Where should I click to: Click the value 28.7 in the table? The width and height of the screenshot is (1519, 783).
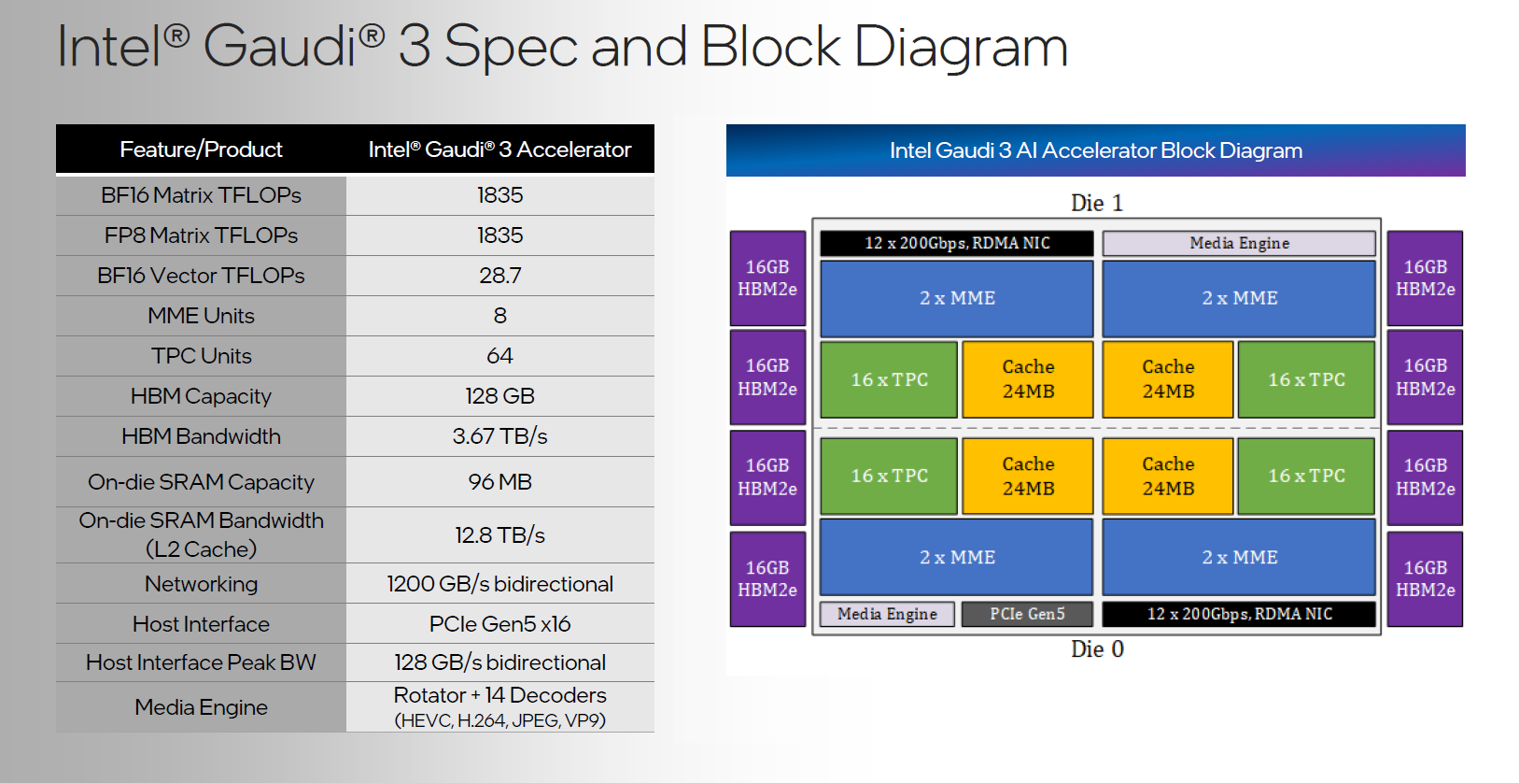tap(499, 276)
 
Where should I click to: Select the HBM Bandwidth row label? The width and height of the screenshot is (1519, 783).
tap(201, 436)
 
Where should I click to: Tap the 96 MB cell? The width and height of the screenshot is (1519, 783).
tap(499, 482)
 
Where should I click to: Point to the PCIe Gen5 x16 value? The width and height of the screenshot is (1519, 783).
tap(499, 624)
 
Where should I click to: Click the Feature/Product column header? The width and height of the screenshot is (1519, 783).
tap(201, 149)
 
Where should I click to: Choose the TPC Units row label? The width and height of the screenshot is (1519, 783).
tap(201, 356)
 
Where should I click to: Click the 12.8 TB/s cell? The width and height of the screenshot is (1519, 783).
tap(499, 535)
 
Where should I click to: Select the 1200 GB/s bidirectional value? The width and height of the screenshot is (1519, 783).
tap(499, 584)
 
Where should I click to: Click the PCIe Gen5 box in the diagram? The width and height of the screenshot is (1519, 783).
tap(1027, 614)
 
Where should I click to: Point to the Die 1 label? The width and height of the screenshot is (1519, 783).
tap(1097, 203)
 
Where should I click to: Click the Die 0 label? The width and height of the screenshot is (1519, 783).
tap(1097, 649)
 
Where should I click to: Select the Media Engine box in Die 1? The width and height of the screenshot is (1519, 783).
tap(1239, 243)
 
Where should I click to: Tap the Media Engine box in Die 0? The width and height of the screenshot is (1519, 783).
tap(887, 614)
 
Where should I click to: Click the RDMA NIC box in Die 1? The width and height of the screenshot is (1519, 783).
tap(957, 243)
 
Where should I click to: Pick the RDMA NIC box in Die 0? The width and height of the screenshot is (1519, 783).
tap(1239, 614)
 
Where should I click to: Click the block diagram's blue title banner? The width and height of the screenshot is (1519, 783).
tap(1095, 150)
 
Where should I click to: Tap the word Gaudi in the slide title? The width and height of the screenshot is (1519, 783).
tap(280, 47)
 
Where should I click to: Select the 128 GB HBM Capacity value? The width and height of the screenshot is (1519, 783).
tap(499, 396)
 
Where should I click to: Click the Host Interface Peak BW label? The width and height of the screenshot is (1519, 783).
tap(201, 662)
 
